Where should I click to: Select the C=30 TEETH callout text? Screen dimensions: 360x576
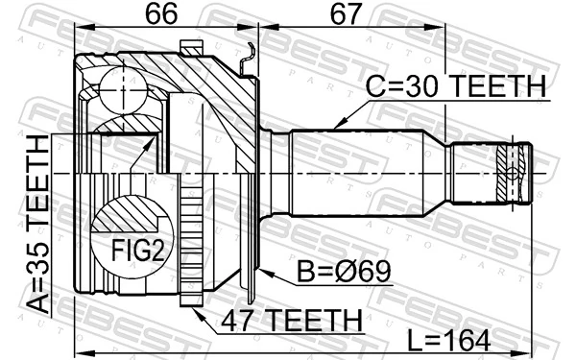(x=456, y=86)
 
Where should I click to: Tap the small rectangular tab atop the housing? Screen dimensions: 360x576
(x=190, y=47)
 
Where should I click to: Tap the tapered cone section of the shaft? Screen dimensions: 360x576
(x=437, y=173)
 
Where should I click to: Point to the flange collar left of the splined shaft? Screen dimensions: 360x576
(x=278, y=173)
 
